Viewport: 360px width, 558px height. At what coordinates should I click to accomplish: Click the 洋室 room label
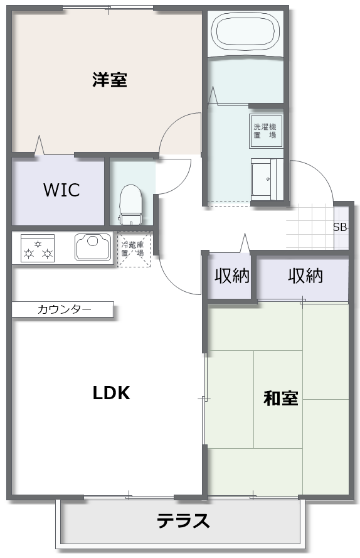point(110,80)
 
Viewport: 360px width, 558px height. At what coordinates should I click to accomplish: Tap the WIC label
point(61,190)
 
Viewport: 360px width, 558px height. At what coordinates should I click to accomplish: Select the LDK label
point(112,393)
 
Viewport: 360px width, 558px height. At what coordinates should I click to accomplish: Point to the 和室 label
point(281,398)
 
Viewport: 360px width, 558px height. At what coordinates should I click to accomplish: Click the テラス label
point(183,520)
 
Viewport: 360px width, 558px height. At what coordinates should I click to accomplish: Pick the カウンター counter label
point(65,309)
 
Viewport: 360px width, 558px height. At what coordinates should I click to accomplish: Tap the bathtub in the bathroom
point(245,31)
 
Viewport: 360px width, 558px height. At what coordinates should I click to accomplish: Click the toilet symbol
point(131,205)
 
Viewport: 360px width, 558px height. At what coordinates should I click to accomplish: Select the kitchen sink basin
point(93,247)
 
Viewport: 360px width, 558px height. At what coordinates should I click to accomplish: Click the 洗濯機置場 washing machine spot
point(265,131)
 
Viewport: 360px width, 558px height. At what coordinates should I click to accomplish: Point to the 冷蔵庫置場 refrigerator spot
point(134,249)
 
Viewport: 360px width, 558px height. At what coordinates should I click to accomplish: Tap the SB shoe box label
point(341,227)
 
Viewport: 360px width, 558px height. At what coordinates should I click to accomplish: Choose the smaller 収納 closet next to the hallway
point(231,276)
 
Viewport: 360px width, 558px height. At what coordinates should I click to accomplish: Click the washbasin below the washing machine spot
point(267,180)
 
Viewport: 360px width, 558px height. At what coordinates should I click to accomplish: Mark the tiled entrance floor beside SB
point(310,227)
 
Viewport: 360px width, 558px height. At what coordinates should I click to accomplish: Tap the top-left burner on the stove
point(38,244)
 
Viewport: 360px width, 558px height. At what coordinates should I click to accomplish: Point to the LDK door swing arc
point(174,281)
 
